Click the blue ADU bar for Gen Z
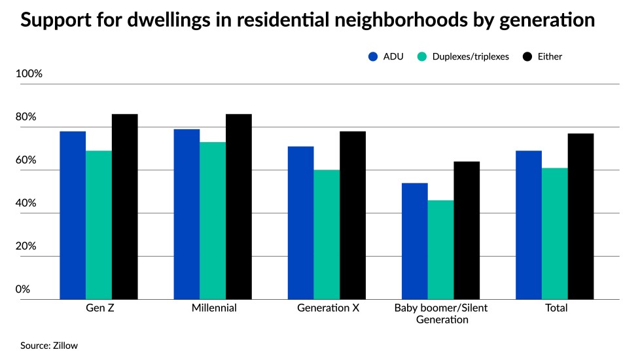click(x=73, y=215)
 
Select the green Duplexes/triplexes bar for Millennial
click(x=213, y=221)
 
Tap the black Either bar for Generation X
click(x=353, y=215)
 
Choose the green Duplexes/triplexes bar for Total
click(x=554, y=234)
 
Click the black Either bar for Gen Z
click(x=124, y=207)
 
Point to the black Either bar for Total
click(x=580, y=217)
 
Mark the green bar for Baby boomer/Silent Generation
click(x=440, y=250)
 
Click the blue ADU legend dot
click(x=373, y=56)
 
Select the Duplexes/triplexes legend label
click(x=469, y=56)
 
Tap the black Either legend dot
click(x=527, y=56)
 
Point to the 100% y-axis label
click(x=29, y=74)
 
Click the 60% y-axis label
click(x=27, y=160)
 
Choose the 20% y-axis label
click(x=27, y=246)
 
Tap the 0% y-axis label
click(x=24, y=289)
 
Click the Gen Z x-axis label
click(x=98, y=308)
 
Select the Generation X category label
click(x=327, y=308)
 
